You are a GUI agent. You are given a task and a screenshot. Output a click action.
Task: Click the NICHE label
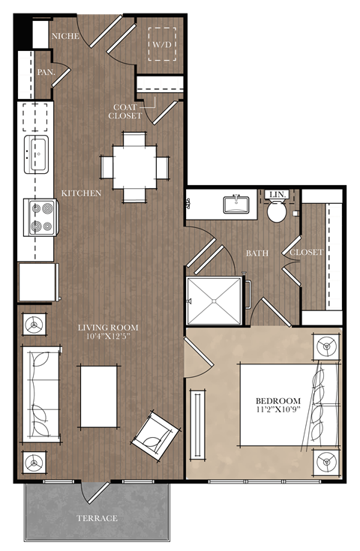coord(65,36)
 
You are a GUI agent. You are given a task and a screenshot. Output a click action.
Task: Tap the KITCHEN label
coord(81,193)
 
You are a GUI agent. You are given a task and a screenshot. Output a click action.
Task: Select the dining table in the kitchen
coord(135,166)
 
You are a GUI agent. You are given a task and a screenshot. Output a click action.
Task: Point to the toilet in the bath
coord(276,211)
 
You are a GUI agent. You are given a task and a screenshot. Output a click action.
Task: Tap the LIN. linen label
coord(276,194)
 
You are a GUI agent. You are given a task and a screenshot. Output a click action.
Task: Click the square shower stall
coord(215,301)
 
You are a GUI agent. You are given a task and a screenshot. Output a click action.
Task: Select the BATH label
coord(257,253)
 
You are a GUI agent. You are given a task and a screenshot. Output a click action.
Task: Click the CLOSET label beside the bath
coord(306,253)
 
